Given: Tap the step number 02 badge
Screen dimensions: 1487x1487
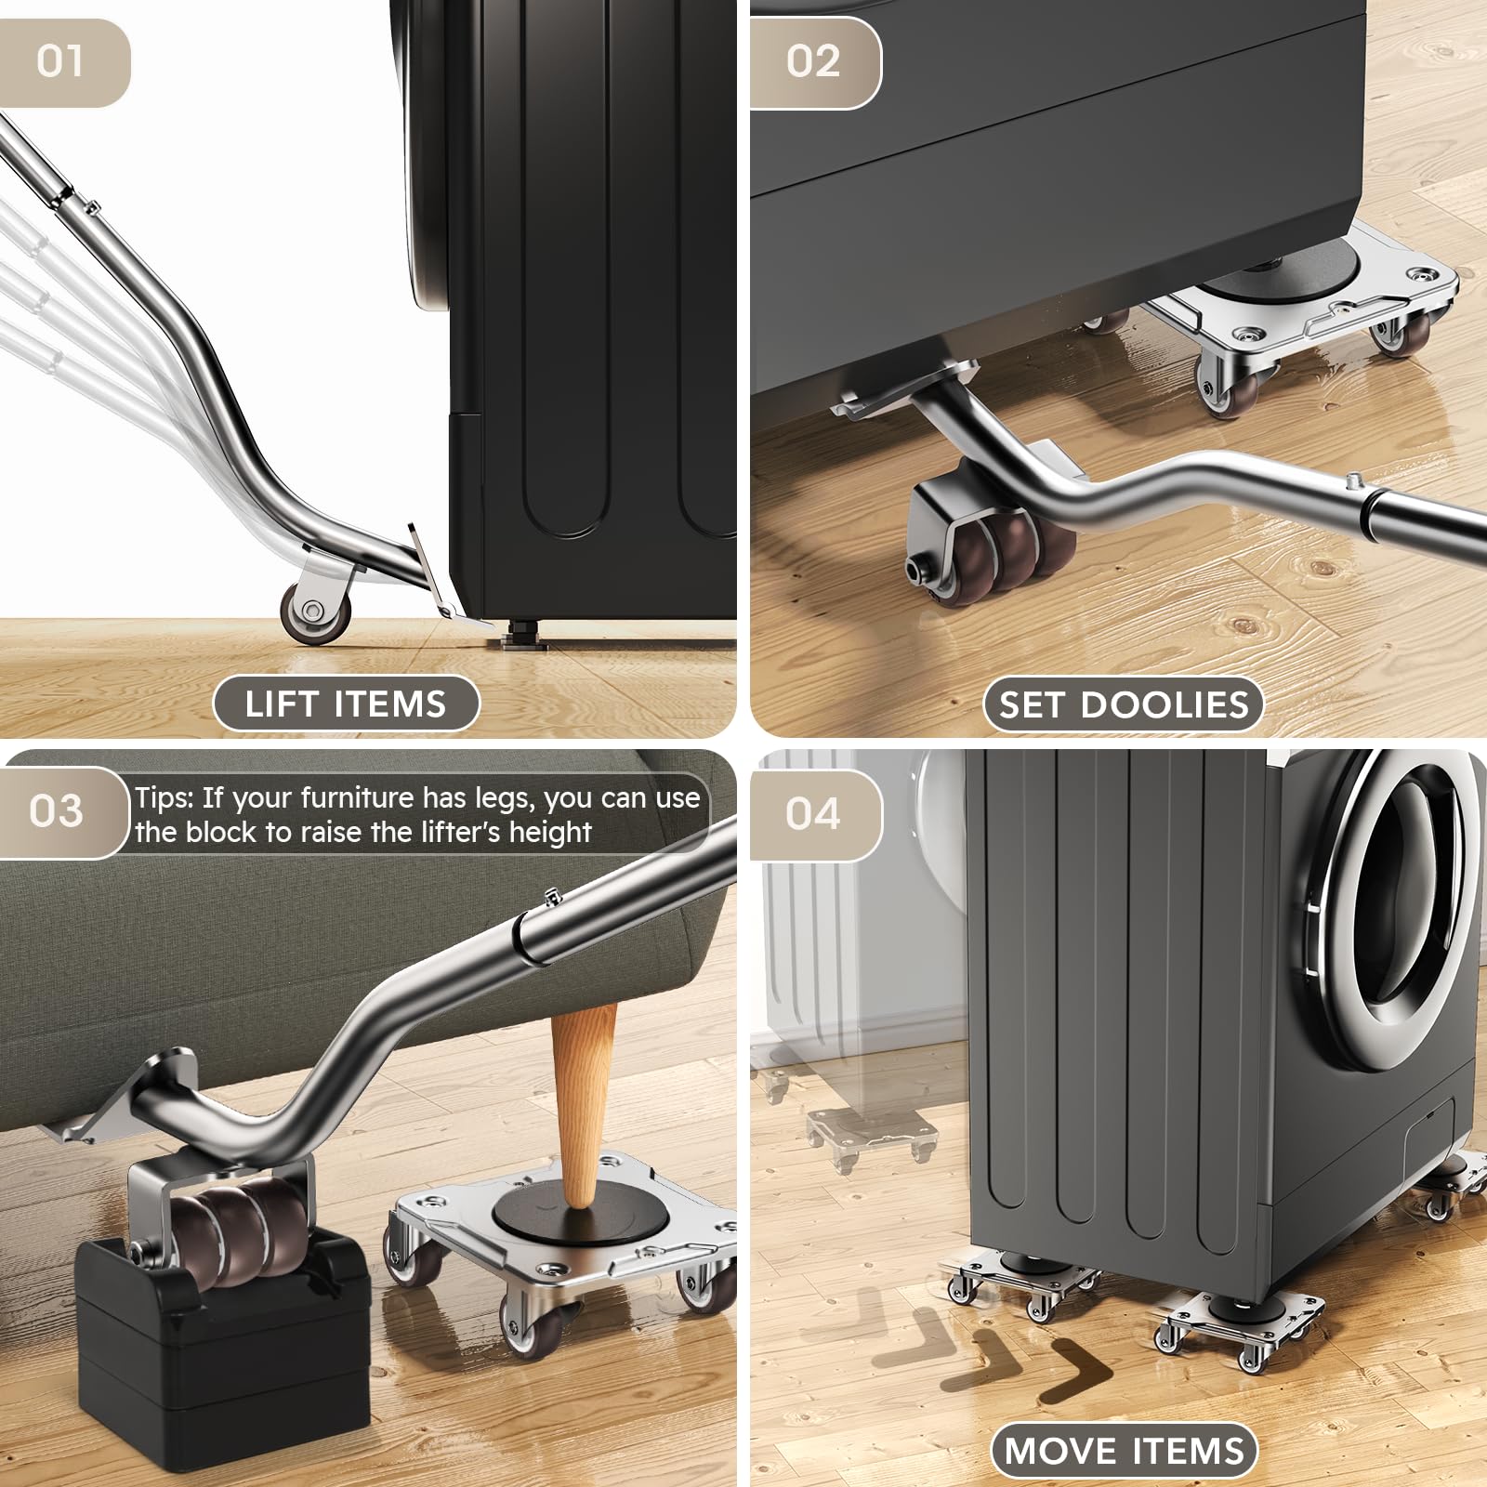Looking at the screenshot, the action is [x=814, y=62].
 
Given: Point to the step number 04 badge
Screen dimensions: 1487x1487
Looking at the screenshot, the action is [x=814, y=814].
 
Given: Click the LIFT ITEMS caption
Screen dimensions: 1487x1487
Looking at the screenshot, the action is [x=346, y=704].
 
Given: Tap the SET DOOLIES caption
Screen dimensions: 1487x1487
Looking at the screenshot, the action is [x=1124, y=704].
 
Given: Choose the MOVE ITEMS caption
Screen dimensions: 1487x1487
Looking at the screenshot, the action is [x=1124, y=1451].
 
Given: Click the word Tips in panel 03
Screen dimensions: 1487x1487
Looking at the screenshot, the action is [x=164, y=797].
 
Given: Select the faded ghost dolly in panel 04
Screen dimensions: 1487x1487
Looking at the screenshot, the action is [x=870, y=1138].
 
